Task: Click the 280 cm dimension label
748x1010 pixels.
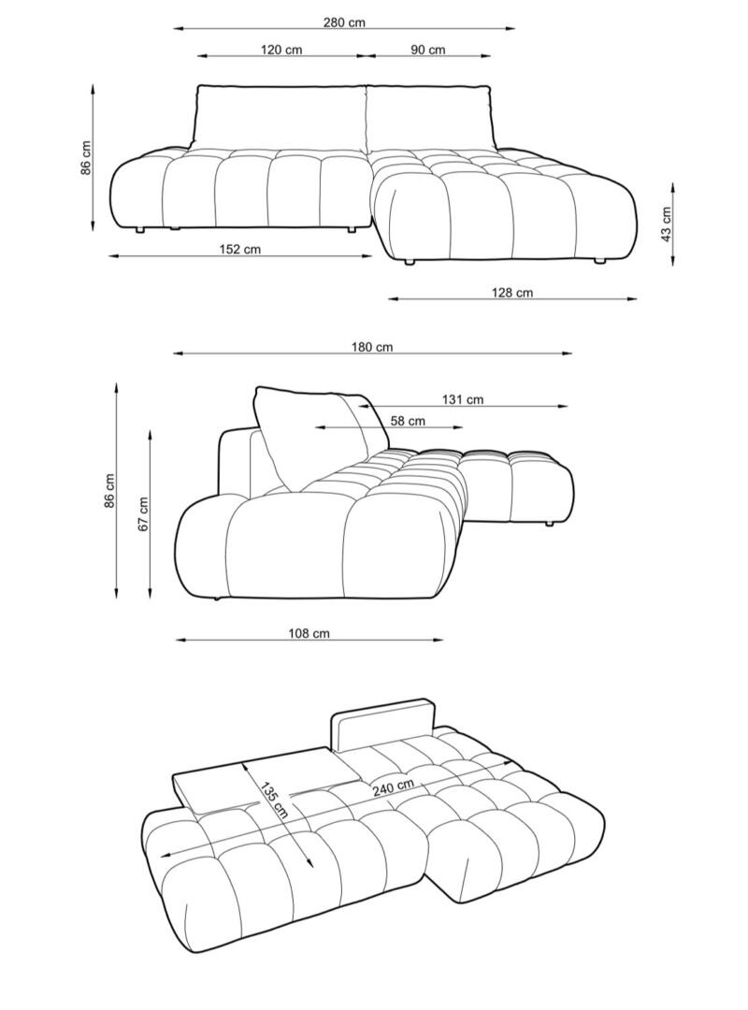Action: (344, 22)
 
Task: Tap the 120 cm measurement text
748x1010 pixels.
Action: (280, 50)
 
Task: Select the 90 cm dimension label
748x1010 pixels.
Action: (428, 50)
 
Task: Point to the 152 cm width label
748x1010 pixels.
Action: (239, 250)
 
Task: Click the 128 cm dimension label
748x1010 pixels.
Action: (512, 293)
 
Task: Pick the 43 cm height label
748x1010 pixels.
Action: (667, 224)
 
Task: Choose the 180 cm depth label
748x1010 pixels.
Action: (372, 347)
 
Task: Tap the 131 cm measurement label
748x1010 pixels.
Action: (463, 399)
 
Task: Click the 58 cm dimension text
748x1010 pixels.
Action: (408, 421)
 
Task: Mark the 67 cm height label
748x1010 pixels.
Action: (143, 513)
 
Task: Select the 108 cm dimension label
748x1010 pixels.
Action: (309, 633)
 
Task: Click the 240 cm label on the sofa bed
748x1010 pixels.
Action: (392, 787)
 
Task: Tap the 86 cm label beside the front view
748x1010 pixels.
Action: (86, 157)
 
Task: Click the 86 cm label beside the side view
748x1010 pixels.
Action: (109, 491)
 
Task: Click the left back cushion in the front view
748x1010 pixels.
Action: (280, 119)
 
